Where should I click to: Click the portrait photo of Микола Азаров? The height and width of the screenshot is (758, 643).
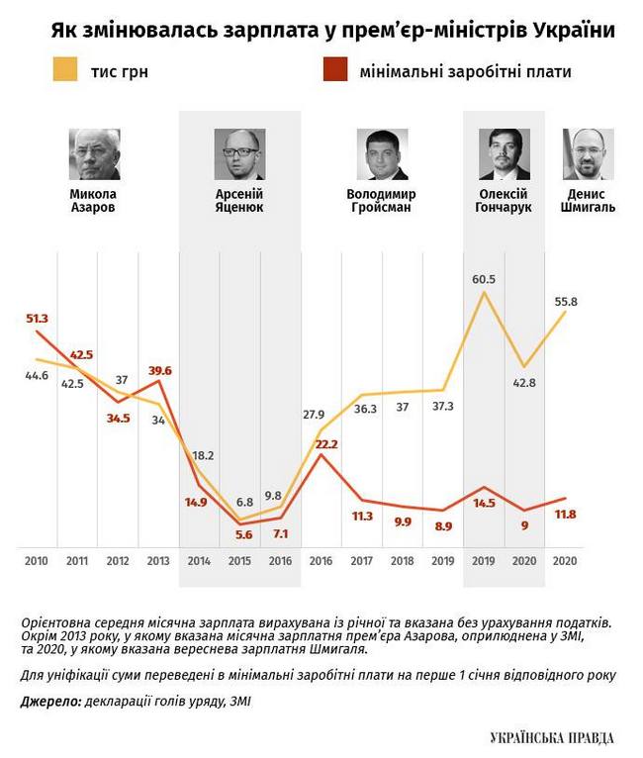[x=94, y=153]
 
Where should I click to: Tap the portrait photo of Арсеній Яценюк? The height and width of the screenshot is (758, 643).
[x=238, y=153]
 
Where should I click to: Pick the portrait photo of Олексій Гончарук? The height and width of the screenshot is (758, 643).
[x=504, y=153]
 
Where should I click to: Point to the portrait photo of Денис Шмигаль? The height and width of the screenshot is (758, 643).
[x=588, y=153]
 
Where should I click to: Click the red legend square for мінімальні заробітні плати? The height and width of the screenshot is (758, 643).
[x=334, y=71]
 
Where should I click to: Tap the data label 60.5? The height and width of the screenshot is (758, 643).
[x=484, y=279]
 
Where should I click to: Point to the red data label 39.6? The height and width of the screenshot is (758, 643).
[x=158, y=370]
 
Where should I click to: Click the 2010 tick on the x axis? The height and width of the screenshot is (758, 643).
[x=36, y=560]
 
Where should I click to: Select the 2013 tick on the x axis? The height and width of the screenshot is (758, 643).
[x=158, y=560]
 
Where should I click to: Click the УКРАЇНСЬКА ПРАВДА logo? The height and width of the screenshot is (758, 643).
[x=552, y=738]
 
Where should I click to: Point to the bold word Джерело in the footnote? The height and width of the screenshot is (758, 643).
[x=46, y=702]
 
